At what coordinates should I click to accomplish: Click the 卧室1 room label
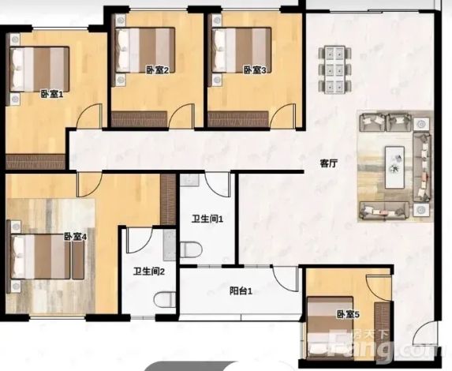[x=51, y=95]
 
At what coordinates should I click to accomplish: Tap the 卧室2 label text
[x=157, y=70]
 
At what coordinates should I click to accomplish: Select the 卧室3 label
[x=255, y=70]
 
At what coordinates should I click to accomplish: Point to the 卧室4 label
[x=75, y=237]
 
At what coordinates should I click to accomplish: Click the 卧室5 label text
[x=348, y=314]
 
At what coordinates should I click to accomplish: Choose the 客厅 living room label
[x=328, y=163]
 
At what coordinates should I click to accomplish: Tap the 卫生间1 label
[x=207, y=219]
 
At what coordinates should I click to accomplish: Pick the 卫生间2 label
[x=149, y=272]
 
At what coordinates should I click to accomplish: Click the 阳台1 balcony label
[x=241, y=291]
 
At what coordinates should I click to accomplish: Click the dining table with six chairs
[x=335, y=69]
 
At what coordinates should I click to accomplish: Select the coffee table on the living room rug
[x=394, y=167]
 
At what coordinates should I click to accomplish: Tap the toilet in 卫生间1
[x=191, y=249]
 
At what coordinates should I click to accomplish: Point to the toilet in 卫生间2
[x=165, y=300]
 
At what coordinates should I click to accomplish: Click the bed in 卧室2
[x=144, y=50]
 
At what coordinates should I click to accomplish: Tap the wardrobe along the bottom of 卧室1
[x=35, y=162]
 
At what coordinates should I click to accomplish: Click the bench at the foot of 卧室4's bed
[x=78, y=258]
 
